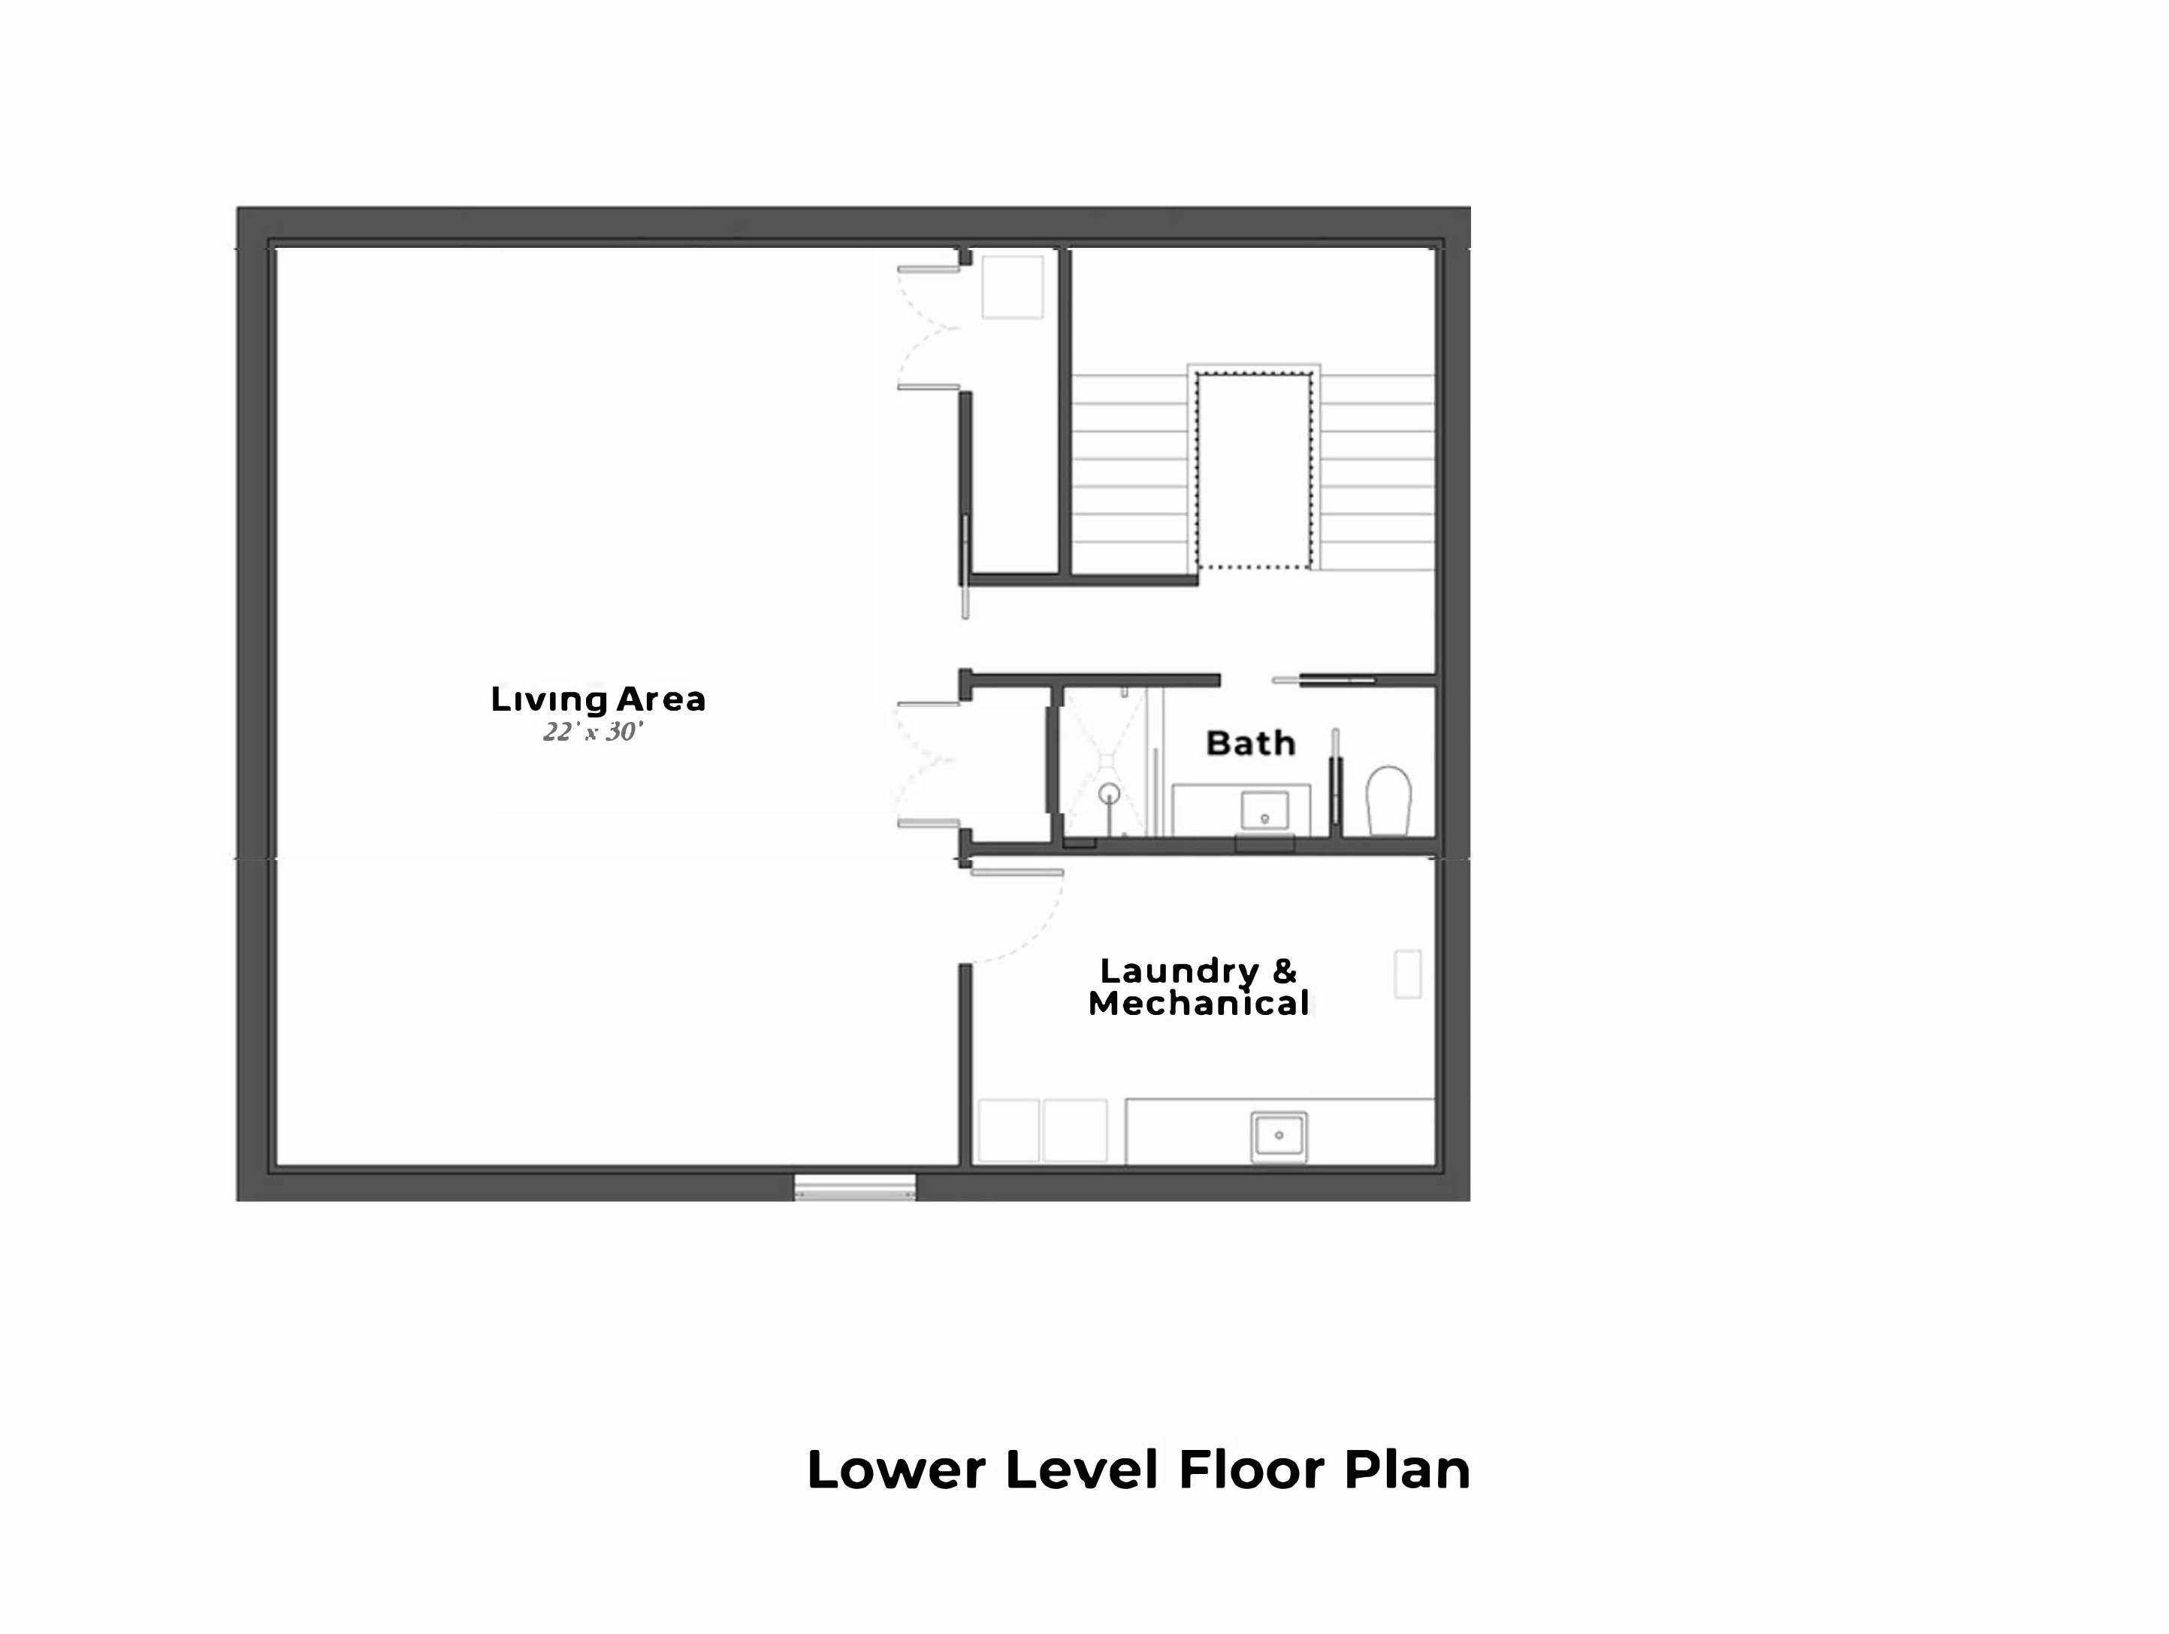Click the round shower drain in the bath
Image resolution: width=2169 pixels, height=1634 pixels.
pos(1109,793)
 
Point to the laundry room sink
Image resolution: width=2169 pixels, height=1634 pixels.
pos(1279,1137)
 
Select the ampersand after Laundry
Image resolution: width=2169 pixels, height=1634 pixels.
pos(1285,971)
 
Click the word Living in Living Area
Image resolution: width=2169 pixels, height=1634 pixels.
pos(549,700)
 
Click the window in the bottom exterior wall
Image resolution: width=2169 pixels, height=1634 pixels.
pos(855,1188)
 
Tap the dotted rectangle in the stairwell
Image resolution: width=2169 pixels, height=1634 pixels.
pos(1254,470)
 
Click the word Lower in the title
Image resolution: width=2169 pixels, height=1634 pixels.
pos(896,1470)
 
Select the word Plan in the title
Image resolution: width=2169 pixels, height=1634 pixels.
pos(1407,1470)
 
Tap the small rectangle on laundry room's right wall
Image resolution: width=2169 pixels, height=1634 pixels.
pos(1408,974)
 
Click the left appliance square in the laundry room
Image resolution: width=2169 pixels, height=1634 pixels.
pos(1009,1131)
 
